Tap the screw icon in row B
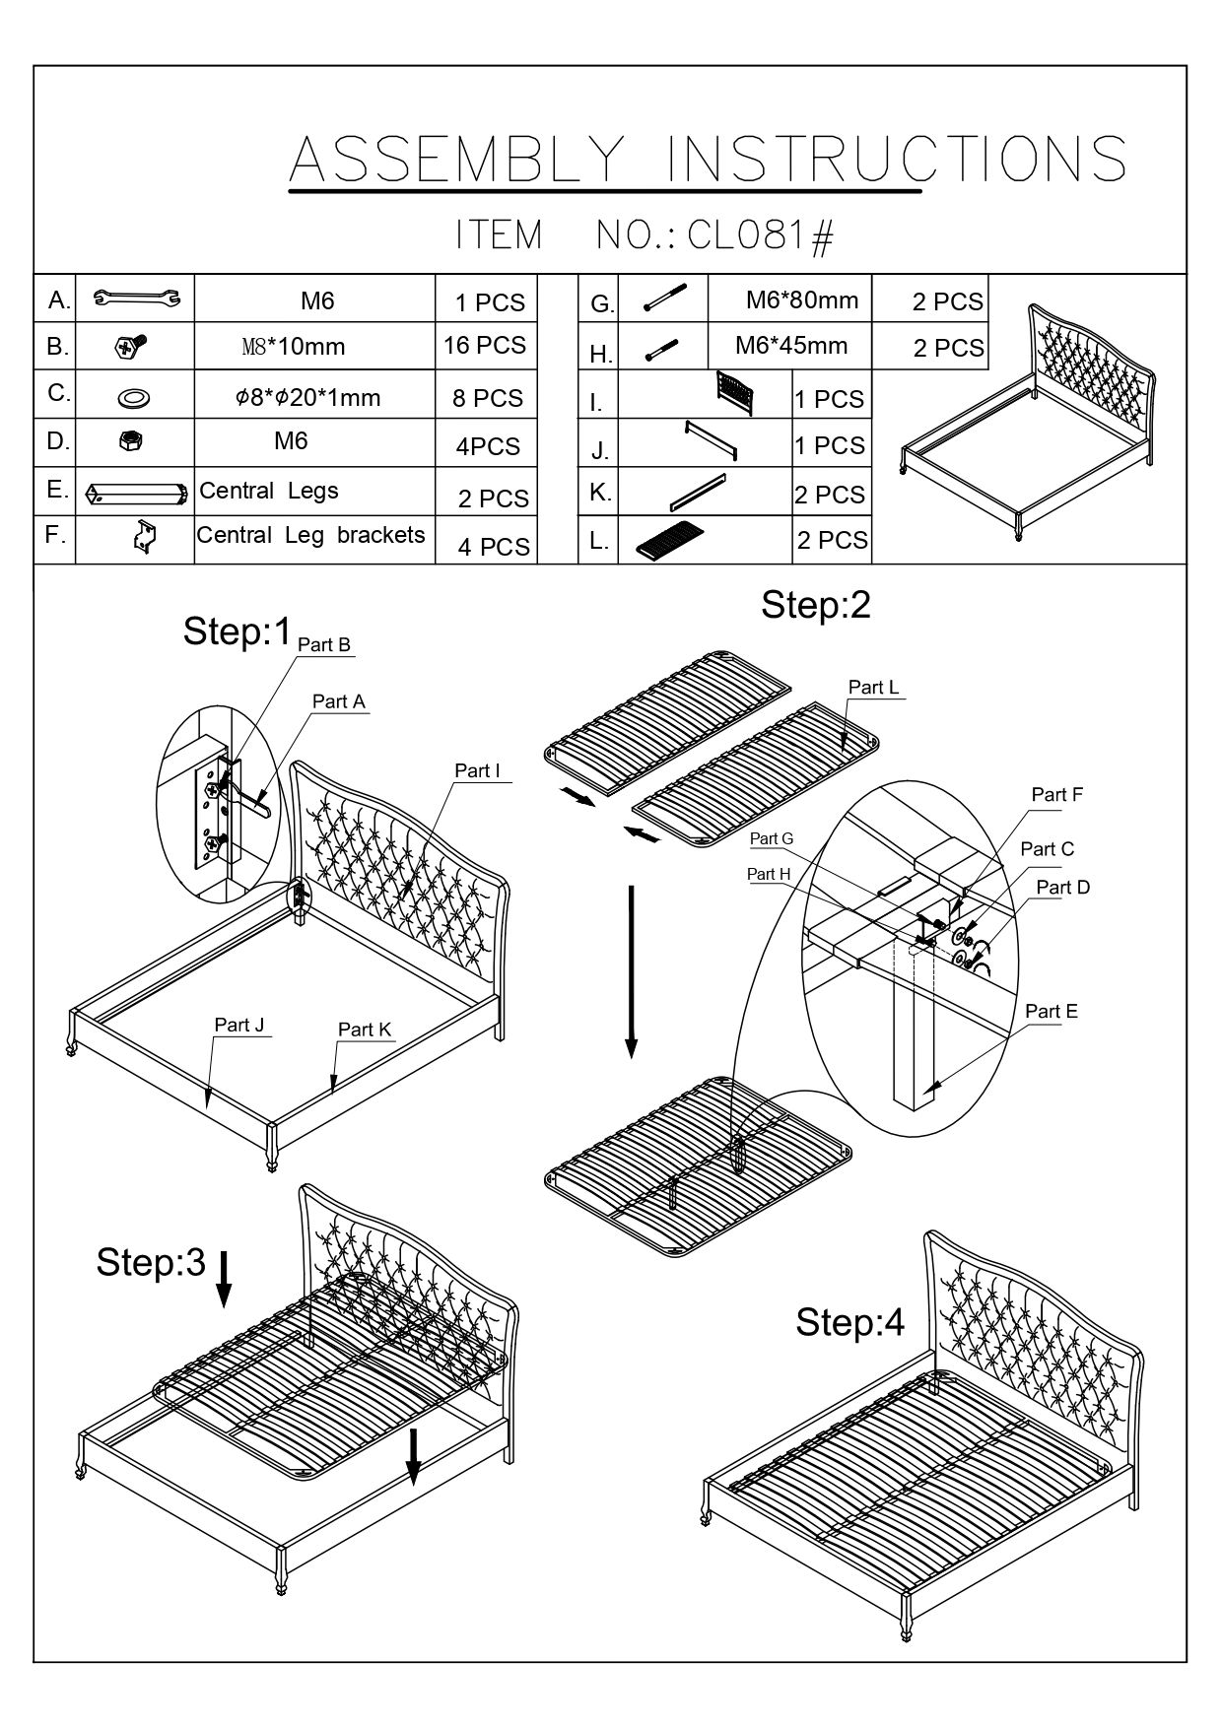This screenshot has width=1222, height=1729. pos(131,346)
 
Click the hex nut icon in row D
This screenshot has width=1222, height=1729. pos(128,442)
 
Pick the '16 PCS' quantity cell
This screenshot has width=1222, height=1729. pos(485,346)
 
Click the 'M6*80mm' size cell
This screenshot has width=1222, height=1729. pos(801,300)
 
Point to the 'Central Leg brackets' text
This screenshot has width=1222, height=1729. pos(310,535)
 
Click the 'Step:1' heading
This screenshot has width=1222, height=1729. pos(238,632)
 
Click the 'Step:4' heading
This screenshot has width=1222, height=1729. pos(849,1322)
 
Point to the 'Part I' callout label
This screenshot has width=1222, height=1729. pos(477,770)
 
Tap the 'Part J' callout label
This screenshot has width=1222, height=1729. pos(239,1025)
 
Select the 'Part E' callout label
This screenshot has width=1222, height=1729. pos(1051,1011)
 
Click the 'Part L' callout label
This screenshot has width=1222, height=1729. pos(873,687)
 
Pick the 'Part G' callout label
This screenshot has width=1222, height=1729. pos(771,838)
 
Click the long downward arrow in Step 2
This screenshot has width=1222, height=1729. pos(632,970)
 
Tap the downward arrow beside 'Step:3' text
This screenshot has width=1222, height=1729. pos(224,1278)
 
